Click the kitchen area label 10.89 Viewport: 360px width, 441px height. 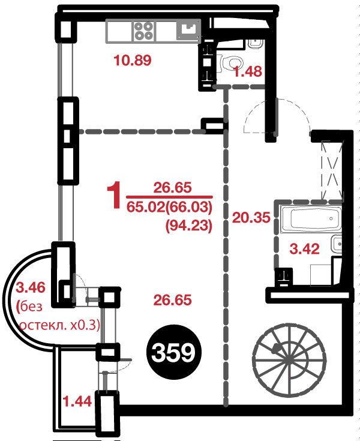tap(133, 61)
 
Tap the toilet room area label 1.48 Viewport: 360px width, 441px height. tap(248, 71)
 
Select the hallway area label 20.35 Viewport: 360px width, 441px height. tap(251, 218)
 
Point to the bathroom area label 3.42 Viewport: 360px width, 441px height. tap(305, 249)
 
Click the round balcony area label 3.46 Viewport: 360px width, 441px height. tap(31, 288)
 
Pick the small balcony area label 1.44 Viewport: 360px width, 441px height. tap(77, 401)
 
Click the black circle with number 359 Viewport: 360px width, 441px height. tap(173, 352)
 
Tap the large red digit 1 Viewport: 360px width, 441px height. tap(114, 194)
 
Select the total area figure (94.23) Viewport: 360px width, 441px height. tap(188, 226)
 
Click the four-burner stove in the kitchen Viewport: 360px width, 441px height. tap(144, 31)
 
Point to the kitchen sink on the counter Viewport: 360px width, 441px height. tap(188, 31)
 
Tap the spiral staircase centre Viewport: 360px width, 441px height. tap(290, 360)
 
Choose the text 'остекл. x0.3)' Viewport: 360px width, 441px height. tap(59, 325)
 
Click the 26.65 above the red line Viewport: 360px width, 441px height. tap(172, 188)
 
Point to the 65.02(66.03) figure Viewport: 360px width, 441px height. tap(169, 208)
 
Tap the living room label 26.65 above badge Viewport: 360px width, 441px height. tap(172, 301)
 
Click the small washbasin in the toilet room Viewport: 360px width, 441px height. tap(255, 44)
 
